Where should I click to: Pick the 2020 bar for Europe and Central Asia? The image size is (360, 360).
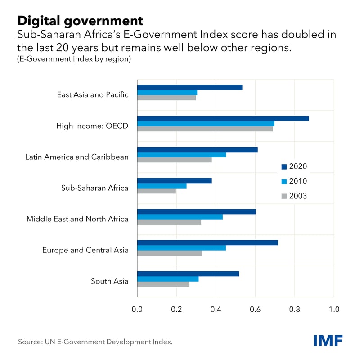pos(207,243)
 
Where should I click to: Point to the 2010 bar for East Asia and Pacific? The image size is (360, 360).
pos(167,93)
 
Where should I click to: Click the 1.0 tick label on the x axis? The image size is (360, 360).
pos(333,309)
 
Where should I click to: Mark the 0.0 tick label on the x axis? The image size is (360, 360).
pos(137,309)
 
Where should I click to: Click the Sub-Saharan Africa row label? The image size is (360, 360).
pos(94,188)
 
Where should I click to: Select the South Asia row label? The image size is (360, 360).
pos(109,281)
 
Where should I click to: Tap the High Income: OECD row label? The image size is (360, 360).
pos(92,126)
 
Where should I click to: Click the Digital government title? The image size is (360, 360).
pos(80,20)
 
